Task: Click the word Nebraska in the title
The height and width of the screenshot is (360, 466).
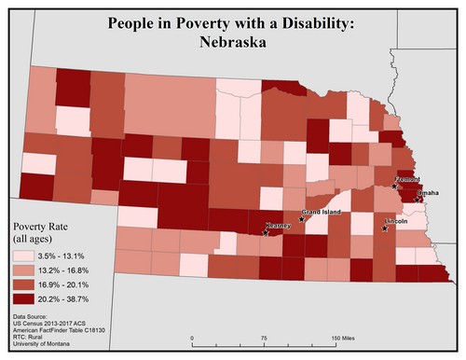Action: (x=231, y=42)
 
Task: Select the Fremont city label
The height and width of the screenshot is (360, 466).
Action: (x=409, y=177)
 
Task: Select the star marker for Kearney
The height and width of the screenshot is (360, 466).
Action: (x=267, y=231)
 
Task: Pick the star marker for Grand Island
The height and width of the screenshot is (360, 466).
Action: (x=301, y=220)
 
